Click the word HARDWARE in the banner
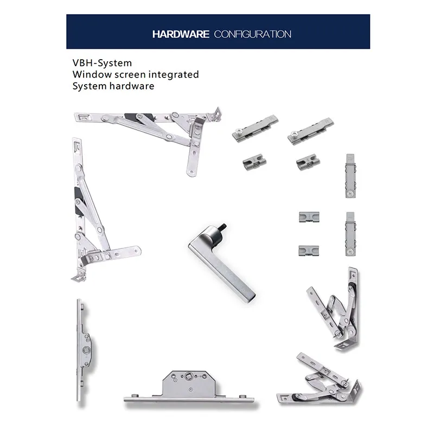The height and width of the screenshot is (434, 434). pyautogui.click(x=181, y=34)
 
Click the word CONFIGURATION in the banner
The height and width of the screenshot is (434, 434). pyautogui.click(x=252, y=34)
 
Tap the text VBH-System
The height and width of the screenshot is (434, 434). pyautogui.click(x=102, y=63)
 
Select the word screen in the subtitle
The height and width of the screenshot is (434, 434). pyautogui.click(x=130, y=75)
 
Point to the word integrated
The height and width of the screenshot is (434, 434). pyautogui.click(x=174, y=75)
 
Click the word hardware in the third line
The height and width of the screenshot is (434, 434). pyautogui.click(x=132, y=86)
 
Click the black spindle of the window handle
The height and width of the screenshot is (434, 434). pyautogui.click(x=222, y=227)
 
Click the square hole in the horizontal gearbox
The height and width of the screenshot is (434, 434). pyautogui.click(x=188, y=376)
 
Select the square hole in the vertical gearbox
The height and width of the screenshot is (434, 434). pyautogui.click(x=86, y=350)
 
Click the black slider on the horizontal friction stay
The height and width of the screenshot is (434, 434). pyautogui.click(x=138, y=117)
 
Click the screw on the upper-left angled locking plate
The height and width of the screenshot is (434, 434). pyautogui.click(x=238, y=132)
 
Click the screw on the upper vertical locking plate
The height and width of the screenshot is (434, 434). pyautogui.click(x=350, y=194)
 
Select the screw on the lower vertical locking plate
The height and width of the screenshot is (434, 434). pyautogui.click(x=350, y=252)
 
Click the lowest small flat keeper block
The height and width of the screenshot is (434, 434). pyautogui.click(x=309, y=251)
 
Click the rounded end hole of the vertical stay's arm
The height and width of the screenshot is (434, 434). pyautogui.click(x=137, y=251)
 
